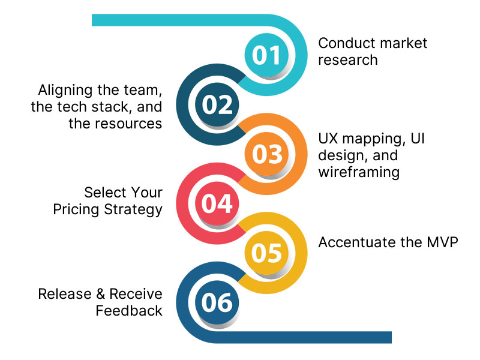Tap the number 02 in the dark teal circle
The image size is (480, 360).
217,105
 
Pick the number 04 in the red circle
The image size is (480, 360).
217,204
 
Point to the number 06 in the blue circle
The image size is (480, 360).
217,302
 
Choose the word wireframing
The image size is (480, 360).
359,172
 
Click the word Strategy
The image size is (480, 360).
135,209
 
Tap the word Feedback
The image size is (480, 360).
129,310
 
